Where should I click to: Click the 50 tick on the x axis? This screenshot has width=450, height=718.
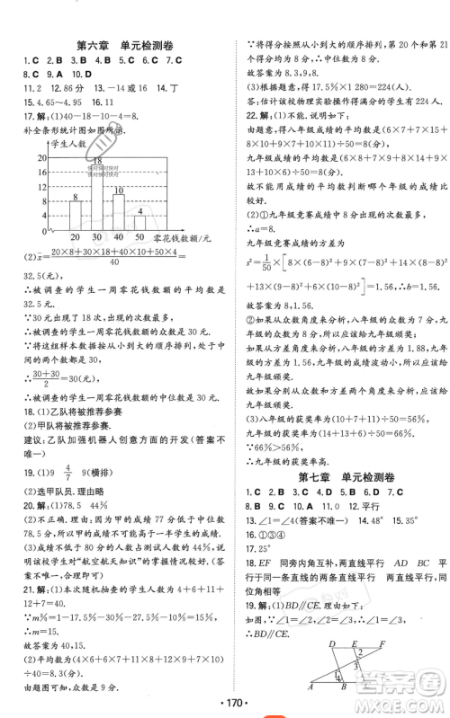[139, 236]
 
